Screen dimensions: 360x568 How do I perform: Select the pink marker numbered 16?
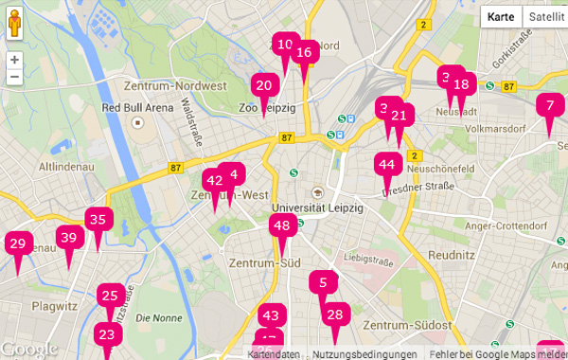304,53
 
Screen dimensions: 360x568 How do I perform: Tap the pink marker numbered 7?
550,106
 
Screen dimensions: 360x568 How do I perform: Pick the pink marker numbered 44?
386,165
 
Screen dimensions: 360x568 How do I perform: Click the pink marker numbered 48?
281,225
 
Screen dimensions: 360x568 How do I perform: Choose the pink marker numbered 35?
98,220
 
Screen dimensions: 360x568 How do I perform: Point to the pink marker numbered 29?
17,244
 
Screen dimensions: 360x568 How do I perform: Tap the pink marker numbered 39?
68,239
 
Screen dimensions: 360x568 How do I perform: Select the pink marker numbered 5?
323,282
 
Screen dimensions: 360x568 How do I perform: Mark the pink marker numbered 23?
107,335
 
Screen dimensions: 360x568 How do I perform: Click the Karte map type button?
501,17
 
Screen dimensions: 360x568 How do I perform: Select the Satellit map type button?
545,17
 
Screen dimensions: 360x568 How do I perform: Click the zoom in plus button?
14,59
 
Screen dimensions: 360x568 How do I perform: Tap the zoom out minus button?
14,78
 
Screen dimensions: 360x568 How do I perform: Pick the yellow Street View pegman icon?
14,21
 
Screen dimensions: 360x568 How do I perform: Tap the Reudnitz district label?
451,256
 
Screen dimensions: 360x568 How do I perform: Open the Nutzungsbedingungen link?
364,354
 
